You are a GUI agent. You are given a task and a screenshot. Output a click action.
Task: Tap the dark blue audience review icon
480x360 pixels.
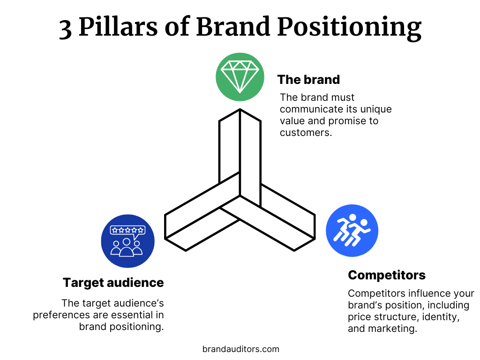pos(127,241)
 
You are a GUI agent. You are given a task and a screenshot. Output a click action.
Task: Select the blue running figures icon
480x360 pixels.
pos(352,230)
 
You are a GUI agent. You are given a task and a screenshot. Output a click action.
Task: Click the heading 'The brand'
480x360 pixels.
pos(308,80)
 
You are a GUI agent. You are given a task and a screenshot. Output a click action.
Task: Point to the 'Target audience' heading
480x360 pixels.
pos(113,283)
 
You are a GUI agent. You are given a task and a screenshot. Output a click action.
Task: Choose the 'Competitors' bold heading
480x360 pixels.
pos(387,275)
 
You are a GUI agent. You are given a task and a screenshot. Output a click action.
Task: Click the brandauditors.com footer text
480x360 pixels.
pos(240,349)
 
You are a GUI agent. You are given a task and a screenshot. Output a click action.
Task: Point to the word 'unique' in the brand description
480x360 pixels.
pos(375,109)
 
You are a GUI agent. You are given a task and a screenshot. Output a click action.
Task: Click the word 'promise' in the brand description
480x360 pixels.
pos(345,121)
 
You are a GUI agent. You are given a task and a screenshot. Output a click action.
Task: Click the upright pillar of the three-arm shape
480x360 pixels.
pos(240,150)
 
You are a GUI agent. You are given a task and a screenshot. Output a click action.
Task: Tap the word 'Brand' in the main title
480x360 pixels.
pos(233,28)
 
